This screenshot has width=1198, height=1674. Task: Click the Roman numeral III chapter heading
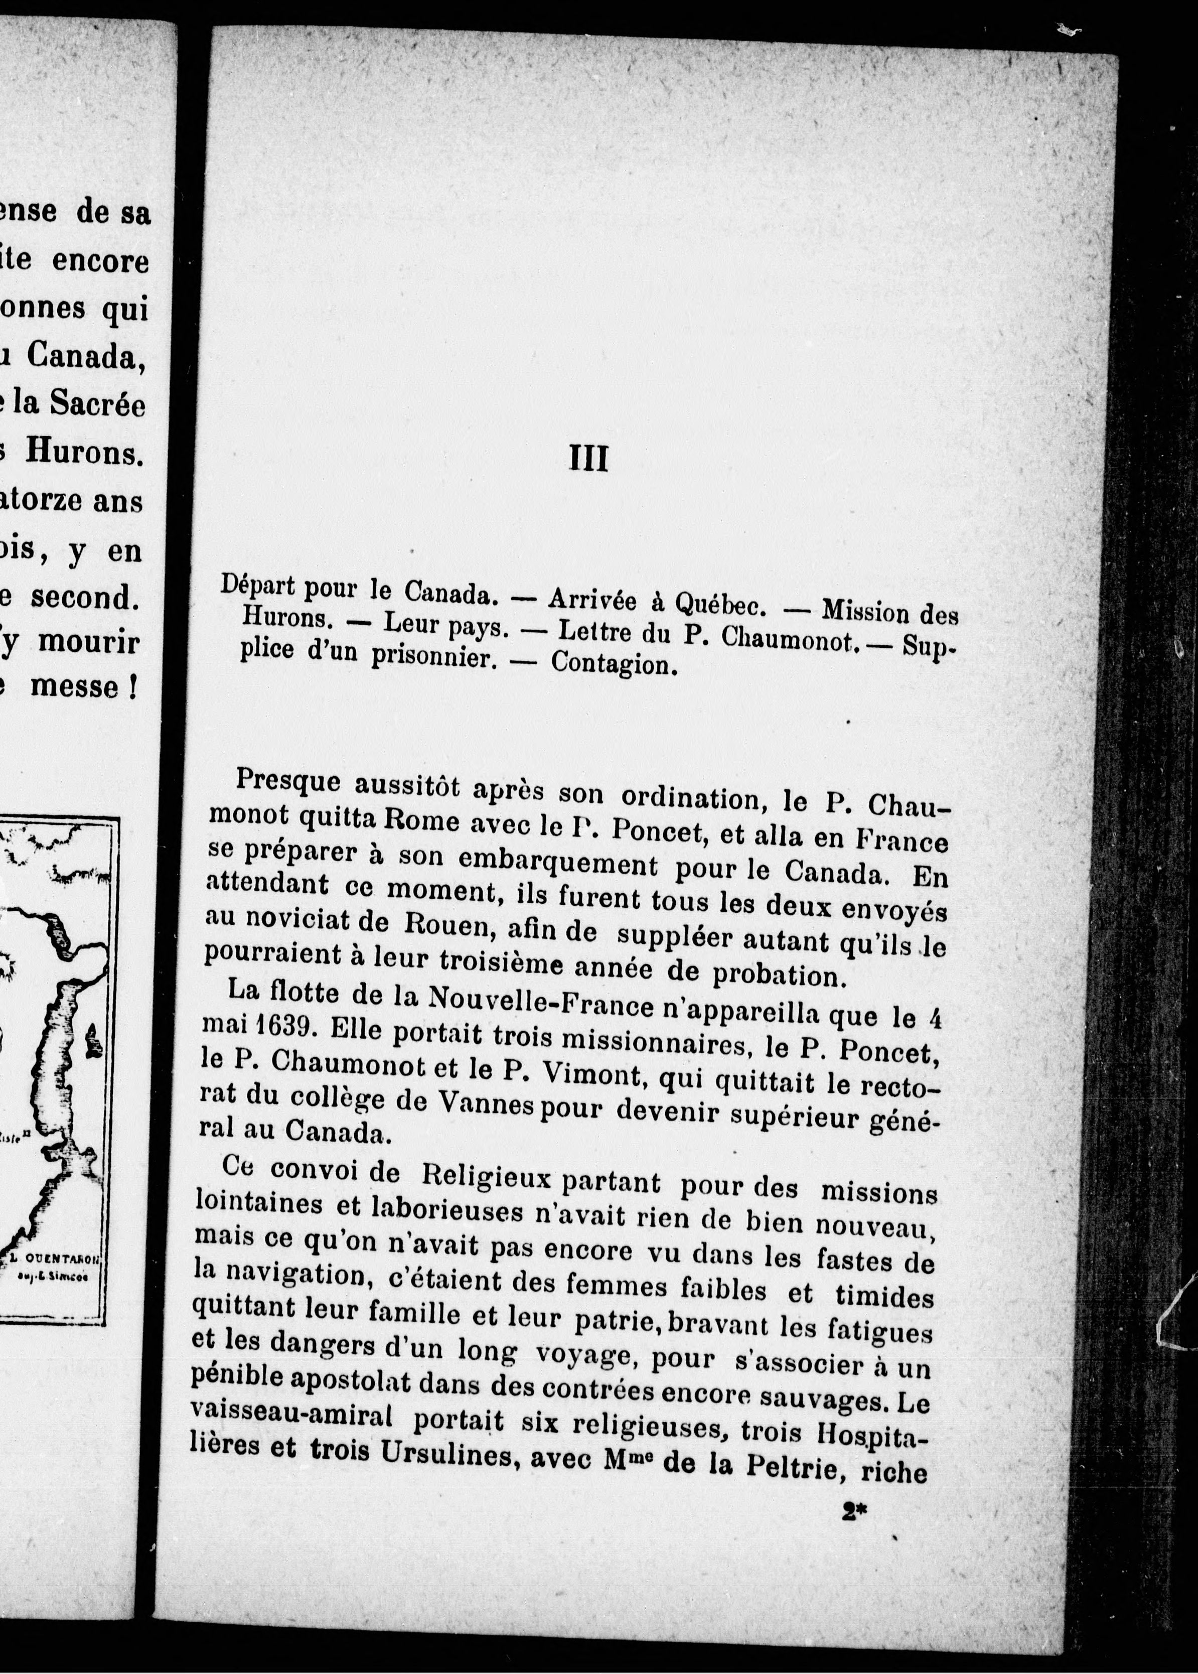588,459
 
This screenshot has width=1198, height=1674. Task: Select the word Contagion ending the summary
614,663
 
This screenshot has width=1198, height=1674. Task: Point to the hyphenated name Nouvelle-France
542,1001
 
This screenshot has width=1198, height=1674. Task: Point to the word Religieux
486,1174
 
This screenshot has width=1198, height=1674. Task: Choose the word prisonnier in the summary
432,656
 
